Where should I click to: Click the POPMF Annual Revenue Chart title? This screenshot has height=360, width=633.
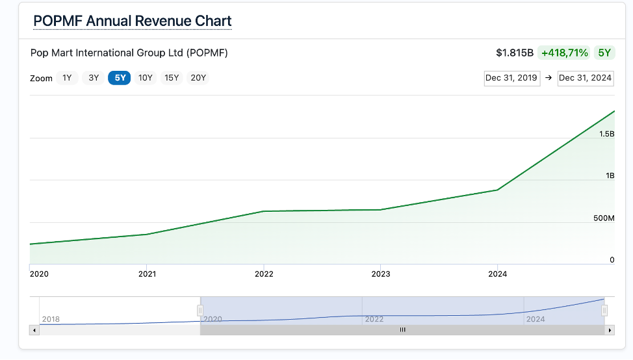(x=132, y=21)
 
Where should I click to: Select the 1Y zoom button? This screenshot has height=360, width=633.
(x=67, y=78)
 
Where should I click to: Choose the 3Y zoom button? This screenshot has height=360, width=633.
(x=94, y=78)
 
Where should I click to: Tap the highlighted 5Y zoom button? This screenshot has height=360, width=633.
(x=120, y=78)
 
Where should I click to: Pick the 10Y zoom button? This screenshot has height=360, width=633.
(x=145, y=78)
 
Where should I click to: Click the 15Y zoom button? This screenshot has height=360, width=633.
(x=172, y=78)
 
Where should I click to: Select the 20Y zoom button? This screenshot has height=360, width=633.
(x=198, y=78)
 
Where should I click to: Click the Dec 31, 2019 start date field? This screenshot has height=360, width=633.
(x=511, y=78)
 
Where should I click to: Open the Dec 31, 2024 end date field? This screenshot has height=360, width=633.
(x=585, y=78)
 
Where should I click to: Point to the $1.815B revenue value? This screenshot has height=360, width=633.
(x=515, y=53)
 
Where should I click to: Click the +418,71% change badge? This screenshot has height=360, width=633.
(x=564, y=53)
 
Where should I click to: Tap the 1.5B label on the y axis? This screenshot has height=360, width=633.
(x=606, y=134)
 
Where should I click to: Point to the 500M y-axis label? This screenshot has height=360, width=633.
(x=604, y=218)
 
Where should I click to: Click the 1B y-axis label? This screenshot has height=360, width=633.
(x=610, y=176)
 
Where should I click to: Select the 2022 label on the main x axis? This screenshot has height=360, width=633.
(x=264, y=274)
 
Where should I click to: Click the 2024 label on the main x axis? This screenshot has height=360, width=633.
(x=497, y=274)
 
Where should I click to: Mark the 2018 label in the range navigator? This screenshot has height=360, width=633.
(x=51, y=319)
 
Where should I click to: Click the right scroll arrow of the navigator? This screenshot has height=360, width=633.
(x=610, y=330)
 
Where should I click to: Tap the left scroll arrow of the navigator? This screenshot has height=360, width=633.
(x=34, y=330)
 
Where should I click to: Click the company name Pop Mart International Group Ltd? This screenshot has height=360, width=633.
(x=129, y=53)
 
